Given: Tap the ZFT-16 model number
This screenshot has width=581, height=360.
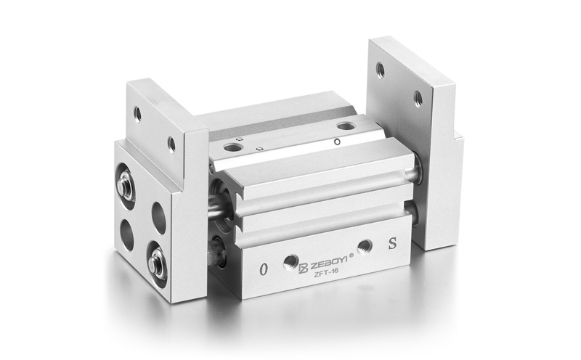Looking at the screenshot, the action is tap(323, 274).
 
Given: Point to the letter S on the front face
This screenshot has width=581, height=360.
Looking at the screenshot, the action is tap(392, 244).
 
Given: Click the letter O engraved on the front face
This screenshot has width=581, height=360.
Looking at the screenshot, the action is tap(264, 269).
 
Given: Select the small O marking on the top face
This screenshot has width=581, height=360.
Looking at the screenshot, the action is tap(337, 142).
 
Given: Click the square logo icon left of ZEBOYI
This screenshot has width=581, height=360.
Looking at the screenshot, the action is tap(304, 268).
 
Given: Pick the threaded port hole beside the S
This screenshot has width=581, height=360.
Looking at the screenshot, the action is tap(365, 245).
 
